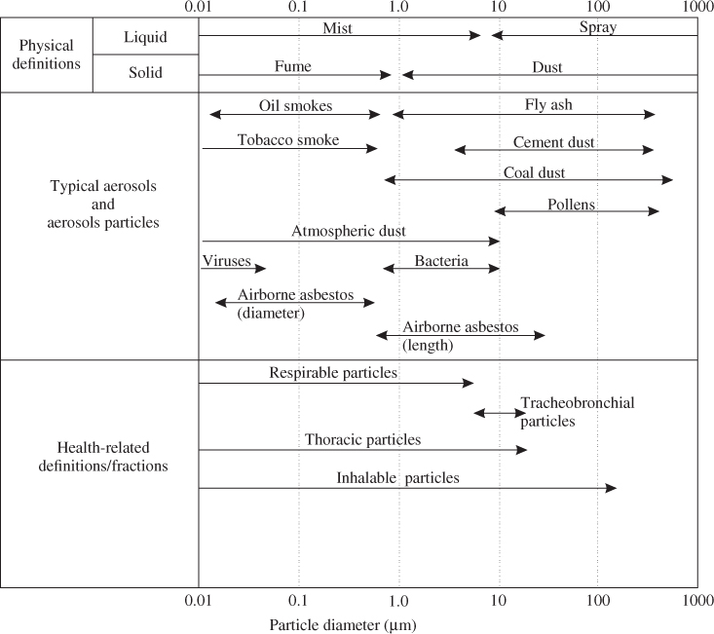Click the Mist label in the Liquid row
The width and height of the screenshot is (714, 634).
click(x=337, y=28)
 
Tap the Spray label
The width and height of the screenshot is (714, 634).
click(x=598, y=27)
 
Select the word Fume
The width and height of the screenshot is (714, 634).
click(x=293, y=66)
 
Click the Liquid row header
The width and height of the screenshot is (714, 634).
click(x=145, y=37)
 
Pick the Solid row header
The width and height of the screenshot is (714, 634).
click(x=145, y=72)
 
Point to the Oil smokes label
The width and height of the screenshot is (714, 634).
click(x=295, y=105)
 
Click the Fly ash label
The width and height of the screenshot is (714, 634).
click(x=548, y=104)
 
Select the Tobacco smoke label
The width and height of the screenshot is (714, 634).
click(x=288, y=139)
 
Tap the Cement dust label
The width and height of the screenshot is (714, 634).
click(x=553, y=142)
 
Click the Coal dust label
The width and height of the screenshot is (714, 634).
click(x=534, y=172)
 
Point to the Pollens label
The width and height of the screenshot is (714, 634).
click(x=571, y=205)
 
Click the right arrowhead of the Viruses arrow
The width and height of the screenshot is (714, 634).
click(x=261, y=268)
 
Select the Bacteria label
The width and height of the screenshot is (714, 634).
click(x=441, y=261)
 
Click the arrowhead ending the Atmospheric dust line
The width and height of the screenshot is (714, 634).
click(x=495, y=242)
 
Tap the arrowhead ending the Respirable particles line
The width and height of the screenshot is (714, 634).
click(x=469, y=383)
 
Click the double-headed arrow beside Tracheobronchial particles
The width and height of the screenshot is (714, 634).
click(x=500, y=413)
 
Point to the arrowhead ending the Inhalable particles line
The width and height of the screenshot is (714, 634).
click(x=611, y=488)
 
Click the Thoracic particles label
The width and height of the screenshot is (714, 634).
click(x=362, y=439)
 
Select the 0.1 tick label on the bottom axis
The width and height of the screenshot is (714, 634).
click(x=298, y=601)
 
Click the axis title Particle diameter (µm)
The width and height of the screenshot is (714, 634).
click(x=343, y=625)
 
